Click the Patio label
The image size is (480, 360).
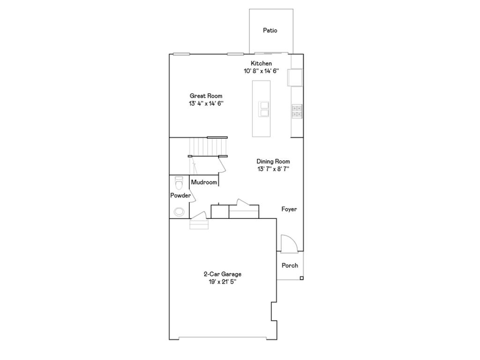tap(270, 30)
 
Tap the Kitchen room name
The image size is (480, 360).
tap(261, 64)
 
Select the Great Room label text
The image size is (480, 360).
tap(206, 96)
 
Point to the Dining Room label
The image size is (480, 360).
tap(273, 162)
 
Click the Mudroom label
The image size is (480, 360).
tap(204, 182)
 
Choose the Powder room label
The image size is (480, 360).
tap(180, 195)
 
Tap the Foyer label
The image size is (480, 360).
tap(289, 210)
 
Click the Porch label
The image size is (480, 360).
tap(290, 265)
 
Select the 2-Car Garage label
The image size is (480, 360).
tap(222, 274)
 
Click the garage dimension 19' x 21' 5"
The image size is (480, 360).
tap(222, 282)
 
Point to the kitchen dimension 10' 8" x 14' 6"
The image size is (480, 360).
tap(261, 71)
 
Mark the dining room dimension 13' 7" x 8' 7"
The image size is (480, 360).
tap(273, 169)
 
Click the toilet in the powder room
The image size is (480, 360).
tap(179, 181)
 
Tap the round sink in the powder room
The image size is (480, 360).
tap(179, 212)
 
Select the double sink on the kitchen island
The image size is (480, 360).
tap(263, 109)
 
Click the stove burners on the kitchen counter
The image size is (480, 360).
tap(297, 111)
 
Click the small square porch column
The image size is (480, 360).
tap(301, 278)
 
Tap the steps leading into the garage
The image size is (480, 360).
tap(198, 225)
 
